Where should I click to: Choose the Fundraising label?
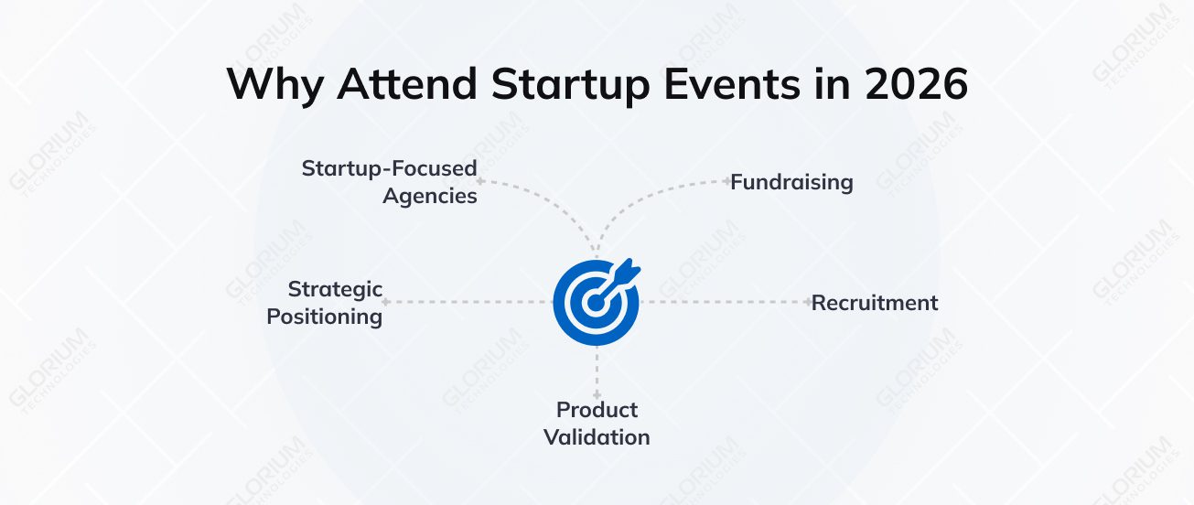791,182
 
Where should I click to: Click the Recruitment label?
875,303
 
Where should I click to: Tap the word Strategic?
335,289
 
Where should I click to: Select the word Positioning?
324,317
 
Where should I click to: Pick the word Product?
597,409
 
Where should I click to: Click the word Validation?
597,437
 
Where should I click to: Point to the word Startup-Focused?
389,168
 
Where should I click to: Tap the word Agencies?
429,196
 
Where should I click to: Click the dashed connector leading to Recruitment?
723,301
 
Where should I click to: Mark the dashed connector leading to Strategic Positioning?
467,301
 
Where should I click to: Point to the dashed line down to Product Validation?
597,371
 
